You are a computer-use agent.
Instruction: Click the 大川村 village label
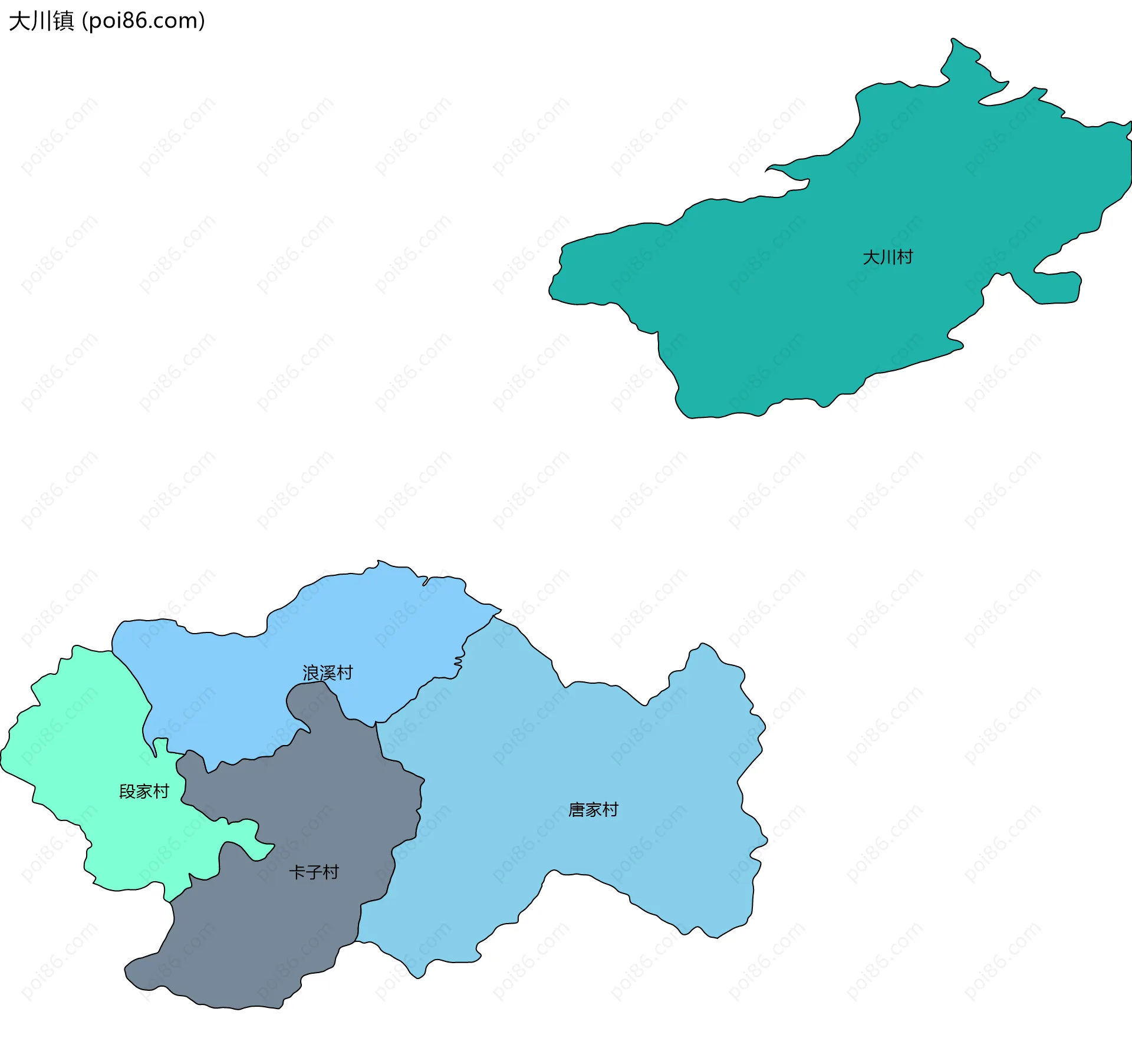click(887, 257)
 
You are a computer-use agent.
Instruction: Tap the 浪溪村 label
click(327, 673)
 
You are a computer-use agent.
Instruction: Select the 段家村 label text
click(144, 791)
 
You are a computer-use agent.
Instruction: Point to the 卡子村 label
click(314, 872)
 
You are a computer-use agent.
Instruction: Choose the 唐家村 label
click(593, 809)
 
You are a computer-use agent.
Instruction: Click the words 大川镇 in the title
click(41, 21)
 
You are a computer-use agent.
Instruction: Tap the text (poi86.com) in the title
click(143, 21)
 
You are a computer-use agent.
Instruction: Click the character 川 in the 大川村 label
click(887, 257)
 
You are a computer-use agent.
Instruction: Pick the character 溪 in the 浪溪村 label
click(327, 673)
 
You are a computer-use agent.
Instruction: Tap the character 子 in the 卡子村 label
click(314, 872)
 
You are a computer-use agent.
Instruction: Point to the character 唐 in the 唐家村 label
click(576, 809)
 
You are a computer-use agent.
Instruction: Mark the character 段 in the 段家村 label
click(127, 791)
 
